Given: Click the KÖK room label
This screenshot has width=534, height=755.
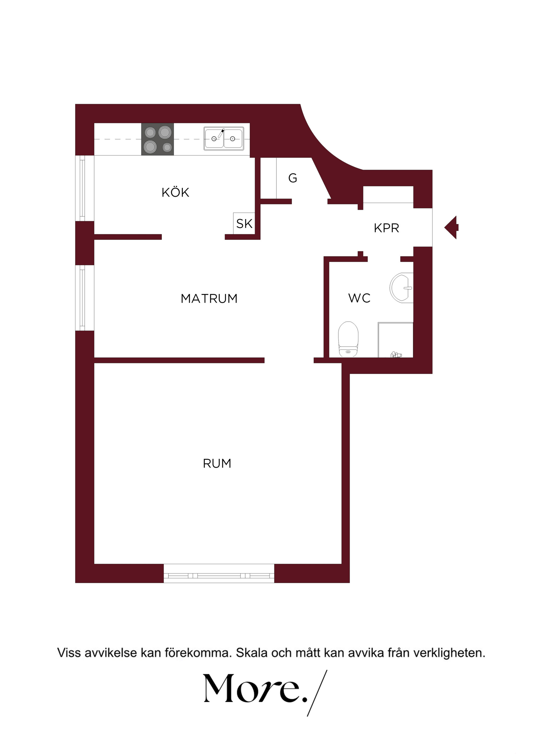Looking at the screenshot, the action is [x=175, y=192].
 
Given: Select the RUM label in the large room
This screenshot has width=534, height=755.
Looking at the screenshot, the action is [x=217, y=464].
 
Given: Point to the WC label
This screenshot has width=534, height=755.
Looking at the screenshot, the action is [x=359, y=298].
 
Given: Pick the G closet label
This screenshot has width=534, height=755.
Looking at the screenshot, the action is [x=293, y=178].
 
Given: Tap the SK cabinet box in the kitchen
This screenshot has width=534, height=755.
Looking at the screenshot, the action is [x=244, y=224].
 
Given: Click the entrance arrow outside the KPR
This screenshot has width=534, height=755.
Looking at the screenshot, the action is [x=451, y=228].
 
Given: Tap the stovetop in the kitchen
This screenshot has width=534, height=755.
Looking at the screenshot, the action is [x=157, y=139].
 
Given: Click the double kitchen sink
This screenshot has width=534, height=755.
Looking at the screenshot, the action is [x=224, y=138].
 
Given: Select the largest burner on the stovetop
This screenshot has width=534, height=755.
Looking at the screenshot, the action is [x=165, y=132].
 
